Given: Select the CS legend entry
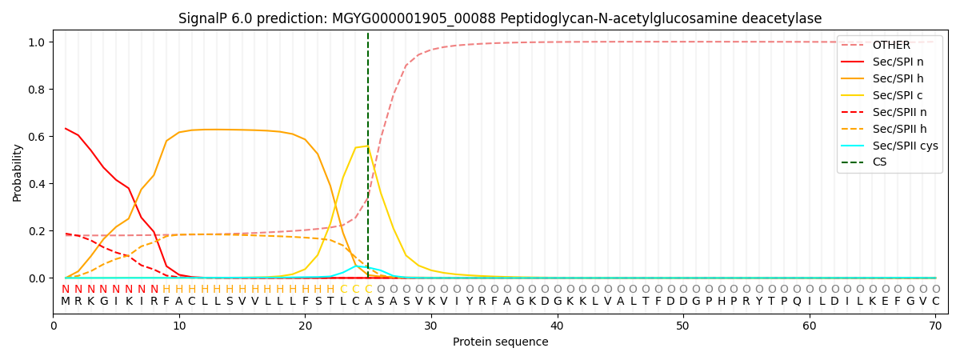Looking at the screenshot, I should [879, 162].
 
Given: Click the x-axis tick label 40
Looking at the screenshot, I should [557, 326].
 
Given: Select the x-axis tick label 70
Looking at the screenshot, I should [935, 326].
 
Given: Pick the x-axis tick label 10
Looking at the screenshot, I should [179, 326].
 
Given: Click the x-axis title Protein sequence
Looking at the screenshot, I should [500, 342].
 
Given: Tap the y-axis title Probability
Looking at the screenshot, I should [18, 173].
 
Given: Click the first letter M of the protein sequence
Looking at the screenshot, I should [66, 302].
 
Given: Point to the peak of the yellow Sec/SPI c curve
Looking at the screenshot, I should [368, 146].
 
